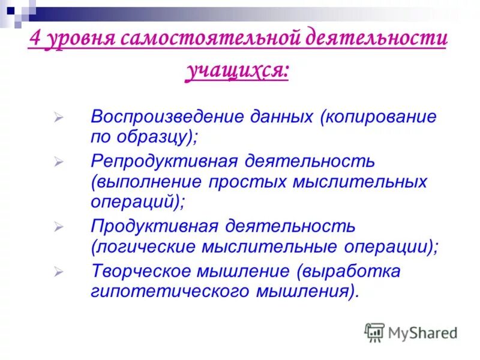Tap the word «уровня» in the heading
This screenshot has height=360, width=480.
click(77, 41)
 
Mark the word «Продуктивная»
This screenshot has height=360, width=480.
click(151, 227)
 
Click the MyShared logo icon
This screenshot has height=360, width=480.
click(374, 332)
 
